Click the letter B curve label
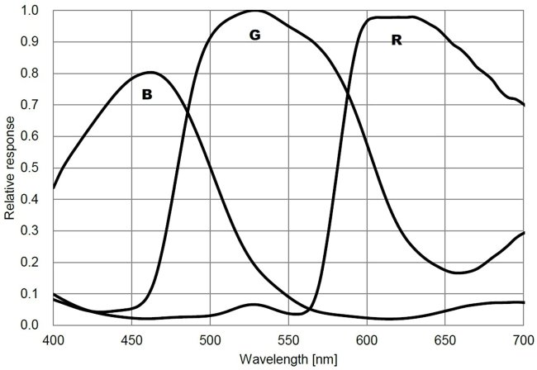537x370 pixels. (147, 95)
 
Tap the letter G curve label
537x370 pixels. (254, 36)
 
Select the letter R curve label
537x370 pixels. (396, 39)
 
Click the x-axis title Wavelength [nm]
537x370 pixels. (288, 359)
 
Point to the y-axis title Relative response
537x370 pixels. (9, 168)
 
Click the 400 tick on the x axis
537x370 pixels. (54, 339)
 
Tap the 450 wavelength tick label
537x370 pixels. (132, 339)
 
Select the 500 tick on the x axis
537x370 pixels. (210, 339)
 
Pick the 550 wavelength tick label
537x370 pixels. (288, 339)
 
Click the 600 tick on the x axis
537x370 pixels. (367, 339)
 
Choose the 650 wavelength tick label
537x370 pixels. (445, 339)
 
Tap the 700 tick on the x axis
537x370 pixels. (523, 339)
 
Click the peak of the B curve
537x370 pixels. (150, 72)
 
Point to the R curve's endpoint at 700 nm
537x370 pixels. (524, 105)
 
